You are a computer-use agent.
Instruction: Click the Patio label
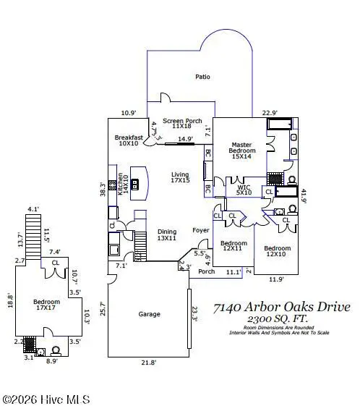coord(203,76)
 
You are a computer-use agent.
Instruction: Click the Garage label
coord(149,314)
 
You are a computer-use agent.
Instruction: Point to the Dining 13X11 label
coord(167,236)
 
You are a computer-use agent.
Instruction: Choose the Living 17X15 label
coord(180,178)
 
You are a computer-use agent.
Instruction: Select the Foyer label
coord(200,231)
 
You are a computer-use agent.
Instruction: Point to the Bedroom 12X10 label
coord(277,250)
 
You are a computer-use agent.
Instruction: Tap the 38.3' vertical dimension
coord(103,189)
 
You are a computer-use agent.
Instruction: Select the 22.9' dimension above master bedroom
coord(270,112)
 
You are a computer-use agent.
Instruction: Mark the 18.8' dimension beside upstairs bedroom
coord(9,300)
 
